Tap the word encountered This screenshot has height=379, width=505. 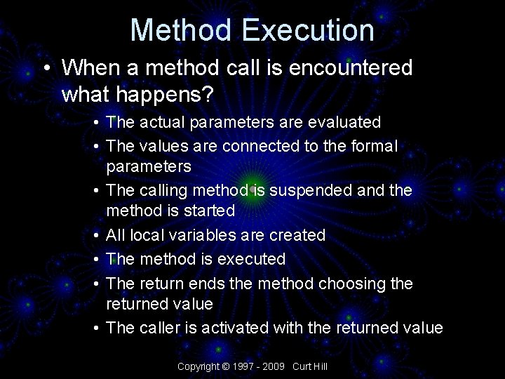tap(342, 68)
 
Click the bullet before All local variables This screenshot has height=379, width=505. tap(94, 235)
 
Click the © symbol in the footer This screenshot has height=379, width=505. tap(225, 366)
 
